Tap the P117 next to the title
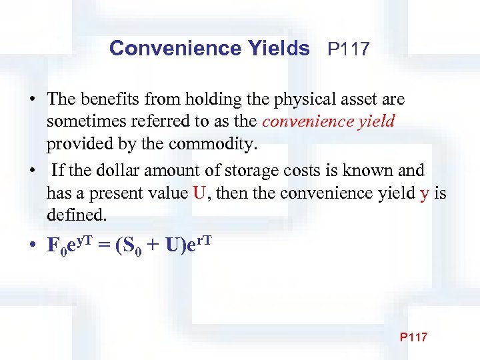[x=348, y=49]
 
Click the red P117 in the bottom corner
[x=413, y=337]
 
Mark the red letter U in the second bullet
[x=199, y=193]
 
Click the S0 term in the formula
[x=129, y=245]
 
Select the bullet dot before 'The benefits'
[x=32, y=100]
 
